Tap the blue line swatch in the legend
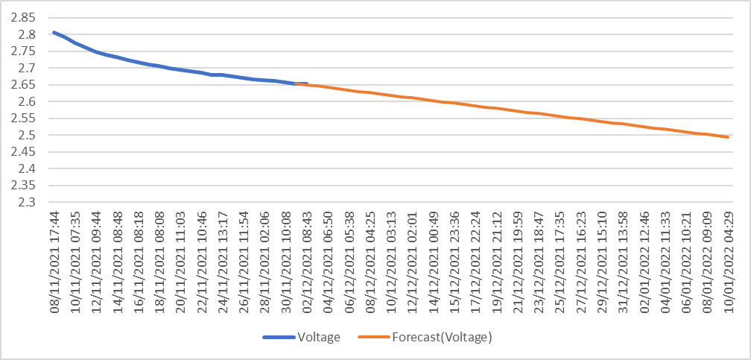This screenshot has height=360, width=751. click(280, 338)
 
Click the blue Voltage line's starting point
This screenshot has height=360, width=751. click(54, 32)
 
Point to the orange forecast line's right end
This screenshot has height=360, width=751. click(728, 137)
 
